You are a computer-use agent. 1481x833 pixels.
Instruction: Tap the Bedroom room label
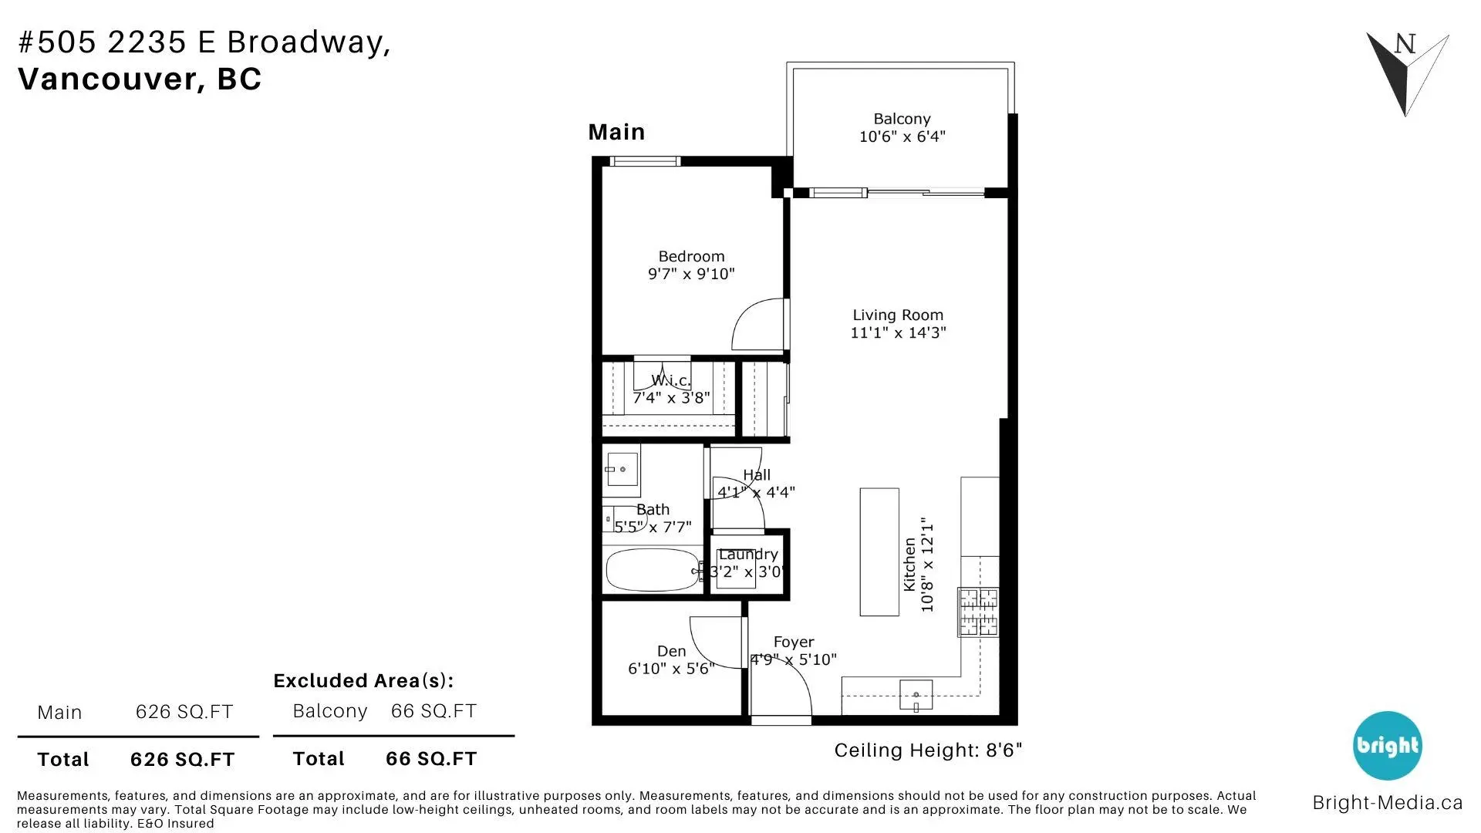click(x=691, y=257)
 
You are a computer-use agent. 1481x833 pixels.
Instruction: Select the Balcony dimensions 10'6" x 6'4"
click(x=902, y=137)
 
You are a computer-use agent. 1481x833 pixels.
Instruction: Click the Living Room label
click(x=897, y=315)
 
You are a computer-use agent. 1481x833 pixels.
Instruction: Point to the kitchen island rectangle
click(x=879, y=551)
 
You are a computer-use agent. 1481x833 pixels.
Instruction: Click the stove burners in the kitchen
click(x=978, y=612)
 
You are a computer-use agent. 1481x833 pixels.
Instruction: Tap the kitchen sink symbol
click(x=916, y=695)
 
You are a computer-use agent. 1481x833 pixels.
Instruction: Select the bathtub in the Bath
click(x=653, y=570)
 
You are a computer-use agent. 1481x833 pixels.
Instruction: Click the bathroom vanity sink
click(x=621, y=469)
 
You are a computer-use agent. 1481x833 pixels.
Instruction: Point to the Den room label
click(x=671, y=652)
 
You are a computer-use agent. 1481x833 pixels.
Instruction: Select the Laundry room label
click(x=747, y=555)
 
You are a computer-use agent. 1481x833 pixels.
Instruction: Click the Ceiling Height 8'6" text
click(x=927, y=750)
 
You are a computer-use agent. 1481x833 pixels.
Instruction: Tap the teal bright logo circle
click(x=1387, y=746)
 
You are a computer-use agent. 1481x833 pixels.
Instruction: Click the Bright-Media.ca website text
click(x=1387, y=803)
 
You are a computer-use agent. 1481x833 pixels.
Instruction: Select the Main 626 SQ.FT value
click(x=184, y=712)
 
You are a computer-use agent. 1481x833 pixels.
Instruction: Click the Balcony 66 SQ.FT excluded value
click(x=434, y=711)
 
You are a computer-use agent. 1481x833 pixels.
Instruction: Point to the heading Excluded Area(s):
click(x=363, y=681)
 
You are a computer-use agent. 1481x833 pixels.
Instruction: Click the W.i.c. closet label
click(x=670, y=380)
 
